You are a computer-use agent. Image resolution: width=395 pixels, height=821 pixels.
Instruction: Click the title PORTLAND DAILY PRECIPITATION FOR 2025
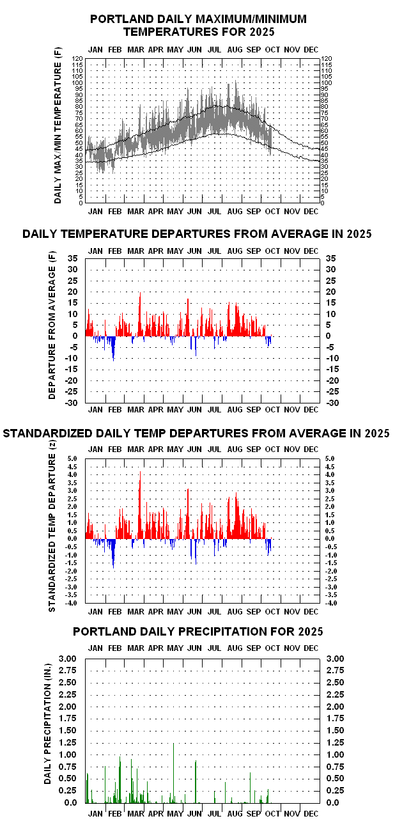coord(197,632)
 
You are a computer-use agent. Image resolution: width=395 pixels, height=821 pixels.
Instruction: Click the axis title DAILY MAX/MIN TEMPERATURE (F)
coord(58,126)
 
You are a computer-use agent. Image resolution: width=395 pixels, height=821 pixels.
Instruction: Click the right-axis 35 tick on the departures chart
coord(331,258)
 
